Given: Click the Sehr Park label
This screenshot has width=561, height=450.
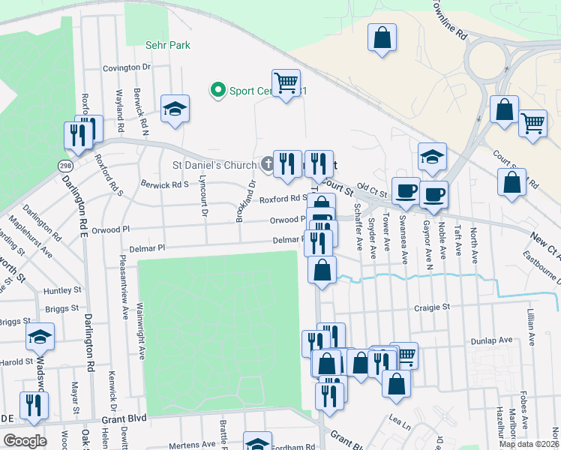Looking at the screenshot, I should pos(169,45).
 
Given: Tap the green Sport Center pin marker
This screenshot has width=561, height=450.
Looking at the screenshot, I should pos(218,91).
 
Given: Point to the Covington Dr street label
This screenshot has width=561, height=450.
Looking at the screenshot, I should pos(127,67).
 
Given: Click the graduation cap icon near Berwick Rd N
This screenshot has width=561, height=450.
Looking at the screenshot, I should pos(175,109).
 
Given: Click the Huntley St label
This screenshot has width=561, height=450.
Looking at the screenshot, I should pos(62,290).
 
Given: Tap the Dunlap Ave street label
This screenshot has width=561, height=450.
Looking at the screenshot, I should pos(491,340).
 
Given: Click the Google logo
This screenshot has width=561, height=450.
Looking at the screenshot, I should pos(24,441).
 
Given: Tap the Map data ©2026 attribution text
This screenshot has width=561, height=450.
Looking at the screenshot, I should pos(528,444).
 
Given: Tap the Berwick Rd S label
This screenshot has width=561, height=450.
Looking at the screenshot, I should pos(165,183).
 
